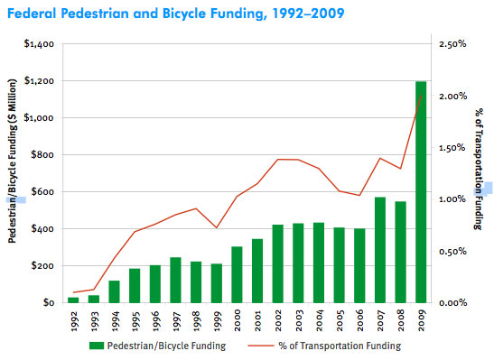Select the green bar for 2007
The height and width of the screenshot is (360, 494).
(x=380, y=250)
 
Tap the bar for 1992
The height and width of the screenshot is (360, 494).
(x=73, y=300)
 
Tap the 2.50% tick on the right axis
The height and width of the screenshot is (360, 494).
(x=450, y=44)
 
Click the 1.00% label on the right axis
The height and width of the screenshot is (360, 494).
(x=450, y=199)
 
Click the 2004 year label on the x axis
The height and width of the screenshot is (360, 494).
(x=319, y=321)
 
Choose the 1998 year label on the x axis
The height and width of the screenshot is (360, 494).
(x=196, y=321)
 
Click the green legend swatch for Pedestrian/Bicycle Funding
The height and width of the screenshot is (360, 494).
(x=97, y=346)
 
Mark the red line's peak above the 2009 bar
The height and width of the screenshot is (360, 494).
(x=421, y=95)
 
